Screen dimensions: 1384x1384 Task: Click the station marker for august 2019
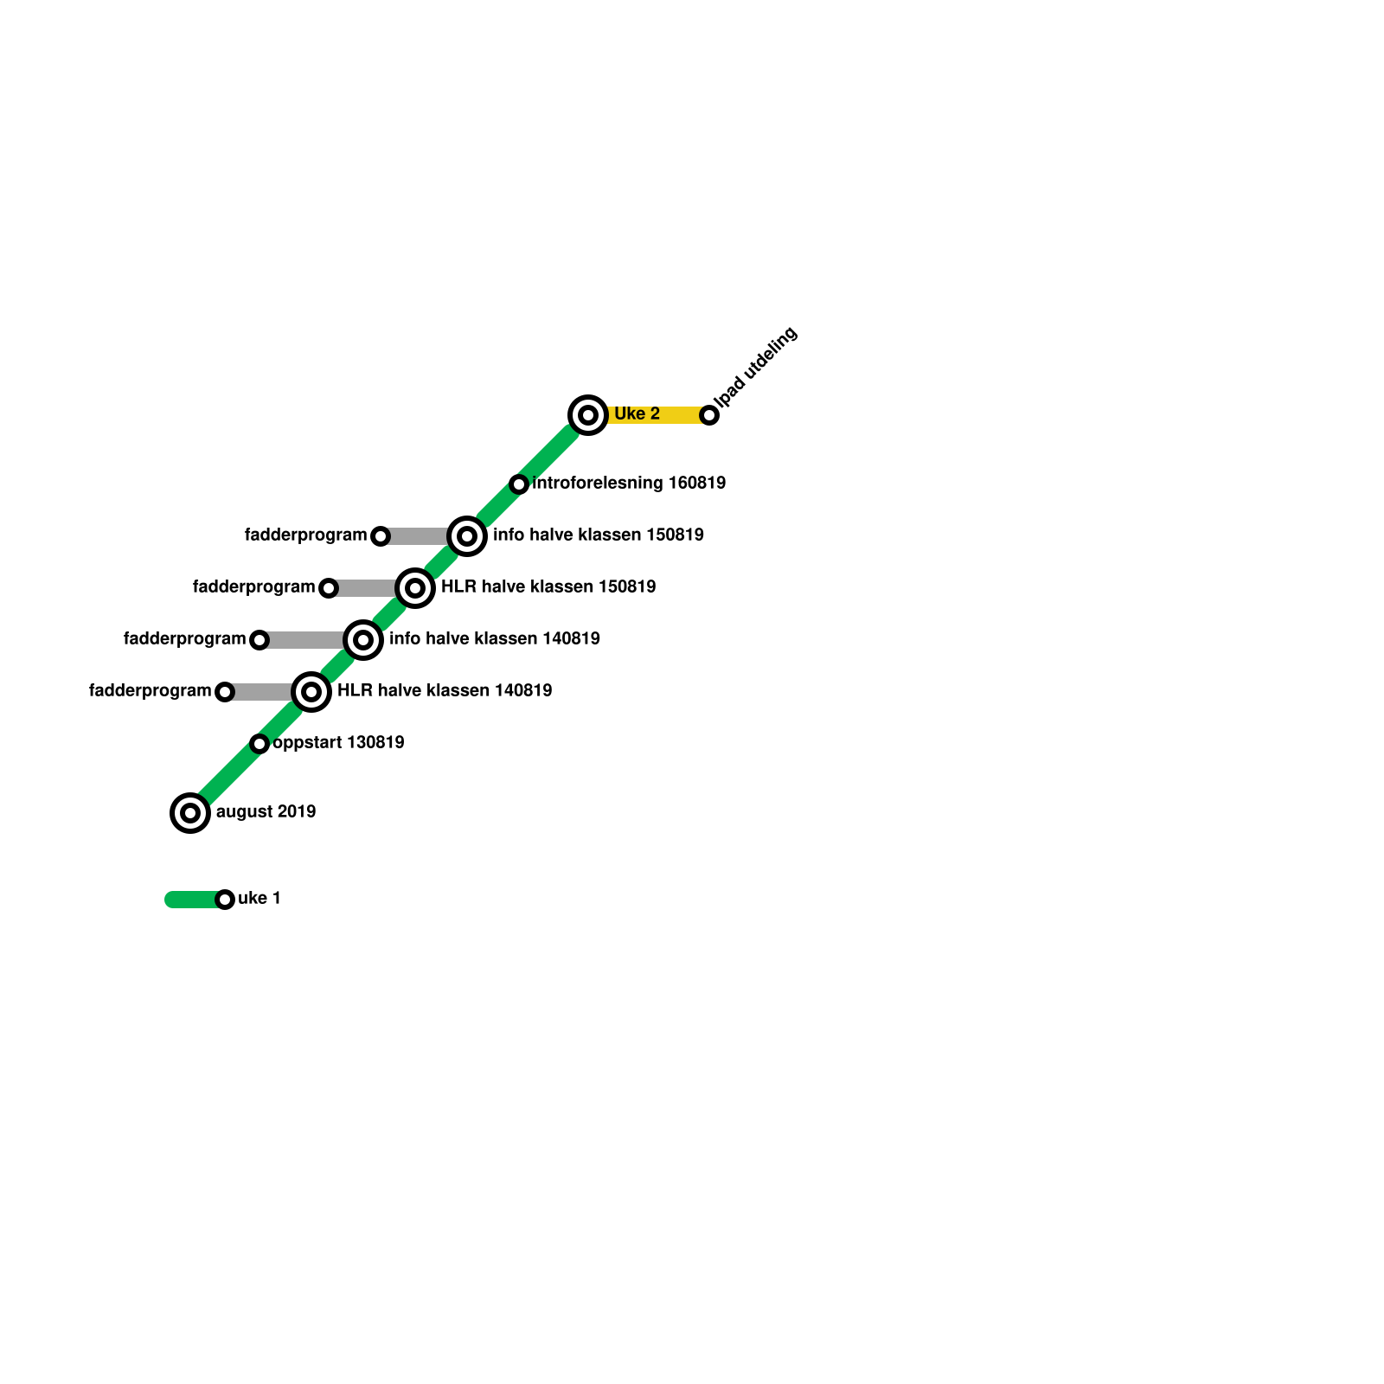pos(190,813)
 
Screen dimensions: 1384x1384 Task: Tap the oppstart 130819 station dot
pos(259,744)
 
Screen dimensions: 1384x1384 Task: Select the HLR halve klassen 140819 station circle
pos(311,692)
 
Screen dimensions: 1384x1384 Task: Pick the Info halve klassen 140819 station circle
pos(363,640)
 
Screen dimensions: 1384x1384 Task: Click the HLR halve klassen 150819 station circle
pos(415,588)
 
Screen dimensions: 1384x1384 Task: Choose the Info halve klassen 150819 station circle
pos(467,536)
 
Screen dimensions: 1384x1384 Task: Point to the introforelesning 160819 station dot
pos(519,484)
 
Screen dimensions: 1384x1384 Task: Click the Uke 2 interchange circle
pos(588,415)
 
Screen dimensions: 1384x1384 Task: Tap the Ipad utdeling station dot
pos(709,415)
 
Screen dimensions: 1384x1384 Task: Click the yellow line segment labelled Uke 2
pos(679,415)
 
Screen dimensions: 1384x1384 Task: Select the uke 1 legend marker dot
pos(225,900)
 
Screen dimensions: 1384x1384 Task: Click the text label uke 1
pos(259,899)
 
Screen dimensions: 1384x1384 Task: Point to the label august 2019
pos(266,812)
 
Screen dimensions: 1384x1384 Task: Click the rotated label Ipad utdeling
pos(758,367)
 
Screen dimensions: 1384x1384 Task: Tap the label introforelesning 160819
pos(629,484)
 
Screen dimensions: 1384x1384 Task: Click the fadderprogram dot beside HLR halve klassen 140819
pos(225,692)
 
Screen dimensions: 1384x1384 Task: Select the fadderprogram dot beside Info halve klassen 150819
pos(381,536)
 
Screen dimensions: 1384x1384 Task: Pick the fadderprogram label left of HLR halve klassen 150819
pos(253,587)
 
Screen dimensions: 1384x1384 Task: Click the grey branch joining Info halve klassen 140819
pos(307,640)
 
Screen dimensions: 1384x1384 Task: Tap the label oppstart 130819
pos(338,743)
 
